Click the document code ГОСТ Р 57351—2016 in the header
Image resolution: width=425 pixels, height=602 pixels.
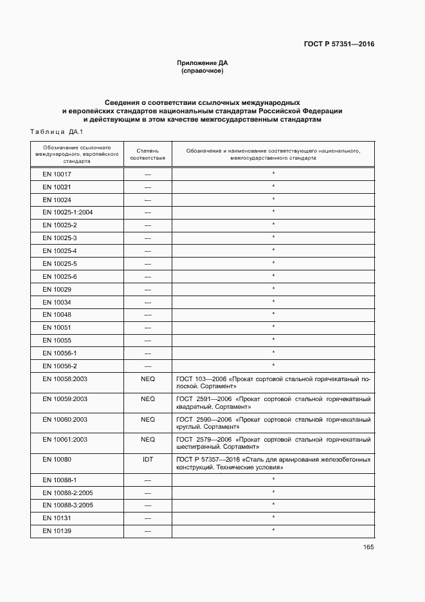click(x=339, y=44)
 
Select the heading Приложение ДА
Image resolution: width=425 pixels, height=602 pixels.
click(x=203, y=63)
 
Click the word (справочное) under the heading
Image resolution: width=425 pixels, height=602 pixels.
click(x=203, y=71)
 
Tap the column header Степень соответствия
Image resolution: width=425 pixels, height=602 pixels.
click(x=147, y=154)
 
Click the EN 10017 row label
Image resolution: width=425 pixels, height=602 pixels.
click(x=57, y=174)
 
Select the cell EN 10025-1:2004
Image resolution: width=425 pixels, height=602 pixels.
click(x=68, y=212)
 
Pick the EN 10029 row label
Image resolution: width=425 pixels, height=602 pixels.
click(x=57, y=289)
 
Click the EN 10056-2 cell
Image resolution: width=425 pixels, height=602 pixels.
click(x=60, y=366)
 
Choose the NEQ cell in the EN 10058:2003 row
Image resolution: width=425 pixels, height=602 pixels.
click(x=148, y=379)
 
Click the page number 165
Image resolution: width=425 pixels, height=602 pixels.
click(x=368, y=547)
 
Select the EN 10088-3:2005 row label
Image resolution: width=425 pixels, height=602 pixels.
click(x=68, y=505)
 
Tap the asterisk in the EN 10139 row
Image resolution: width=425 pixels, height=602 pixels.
click(x=273, y=530)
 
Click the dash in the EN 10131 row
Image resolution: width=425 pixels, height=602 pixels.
click(x=148, y=518)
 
